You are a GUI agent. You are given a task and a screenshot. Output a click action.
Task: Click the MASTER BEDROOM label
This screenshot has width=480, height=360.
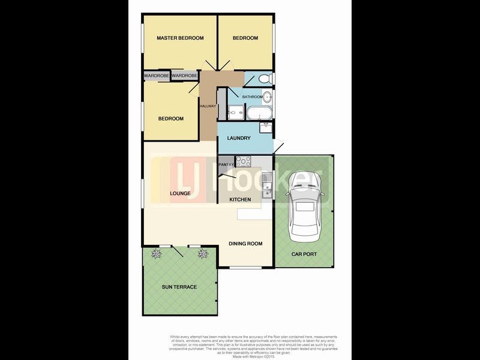[180, 38]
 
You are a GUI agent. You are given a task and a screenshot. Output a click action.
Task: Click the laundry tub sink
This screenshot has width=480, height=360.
[265, 128]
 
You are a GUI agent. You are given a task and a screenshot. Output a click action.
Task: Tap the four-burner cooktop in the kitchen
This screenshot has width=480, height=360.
[244, 161]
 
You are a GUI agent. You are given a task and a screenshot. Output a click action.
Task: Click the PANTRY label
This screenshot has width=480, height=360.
[226, 164]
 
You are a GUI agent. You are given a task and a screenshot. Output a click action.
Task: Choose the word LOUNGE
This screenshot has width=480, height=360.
[180, 193]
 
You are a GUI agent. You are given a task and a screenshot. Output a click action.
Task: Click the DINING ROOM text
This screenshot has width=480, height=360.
[246, 244]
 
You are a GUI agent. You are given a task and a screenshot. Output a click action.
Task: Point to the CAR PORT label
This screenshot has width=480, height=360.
[304, 254]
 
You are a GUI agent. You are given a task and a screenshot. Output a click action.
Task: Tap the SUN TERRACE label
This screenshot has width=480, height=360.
[179, 287]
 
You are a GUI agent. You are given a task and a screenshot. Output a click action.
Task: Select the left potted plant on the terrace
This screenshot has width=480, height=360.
[157, 254]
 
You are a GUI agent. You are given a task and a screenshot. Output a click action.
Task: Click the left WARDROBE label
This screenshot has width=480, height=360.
[157, 76]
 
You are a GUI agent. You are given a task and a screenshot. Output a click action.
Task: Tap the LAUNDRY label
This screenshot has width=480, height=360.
[239, 139]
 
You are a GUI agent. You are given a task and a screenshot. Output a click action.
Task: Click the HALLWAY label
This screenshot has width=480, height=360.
[208, 107]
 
